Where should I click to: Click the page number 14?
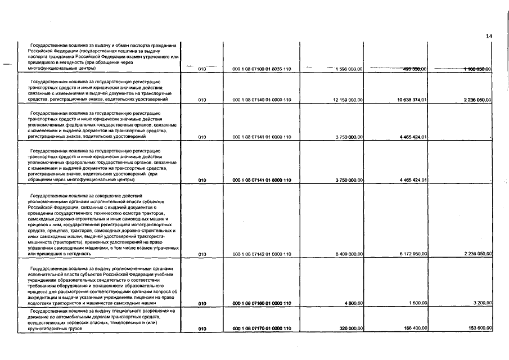tap(489, 36)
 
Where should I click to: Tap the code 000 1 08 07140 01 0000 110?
tap(262, 100)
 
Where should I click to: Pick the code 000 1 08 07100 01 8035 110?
tap(262, 69)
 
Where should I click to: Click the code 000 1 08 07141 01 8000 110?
tap(262, 180)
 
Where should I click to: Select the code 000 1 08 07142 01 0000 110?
tap(262, 254)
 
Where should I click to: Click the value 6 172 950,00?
tap(413, 254)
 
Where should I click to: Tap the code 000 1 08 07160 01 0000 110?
tap(262, 303)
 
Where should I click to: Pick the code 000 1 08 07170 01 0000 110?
tap(262, 328)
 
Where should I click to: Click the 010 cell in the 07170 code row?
tap(203, 328)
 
